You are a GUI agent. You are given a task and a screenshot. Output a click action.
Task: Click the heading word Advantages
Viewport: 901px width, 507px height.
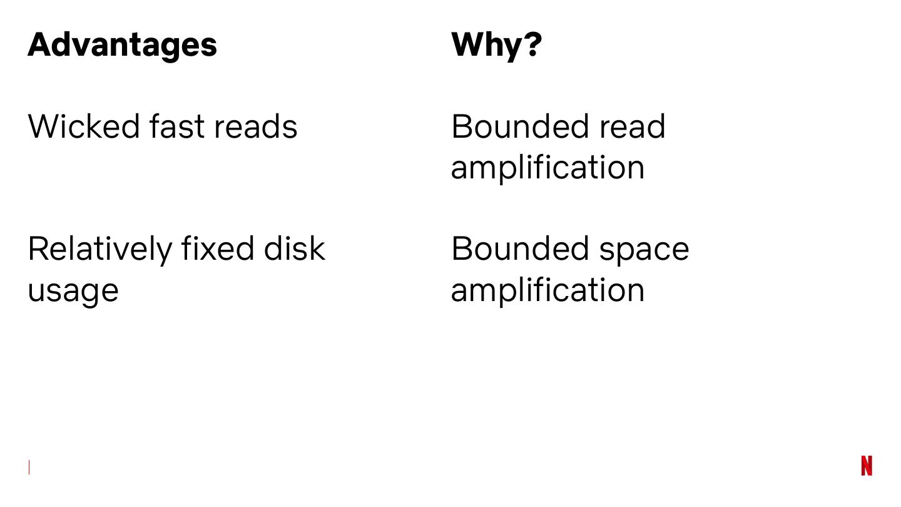pos(123,45)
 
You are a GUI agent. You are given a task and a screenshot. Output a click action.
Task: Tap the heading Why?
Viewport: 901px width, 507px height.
pos(496,45)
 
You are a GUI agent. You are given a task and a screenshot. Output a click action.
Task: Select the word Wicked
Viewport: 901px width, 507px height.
pos(84,126)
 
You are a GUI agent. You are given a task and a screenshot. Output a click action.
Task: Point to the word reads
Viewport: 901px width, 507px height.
pos(255,126)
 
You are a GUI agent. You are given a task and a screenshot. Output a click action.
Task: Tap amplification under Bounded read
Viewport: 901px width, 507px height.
pos(547,168)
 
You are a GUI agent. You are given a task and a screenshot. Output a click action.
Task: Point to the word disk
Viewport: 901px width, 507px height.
pos(294,248)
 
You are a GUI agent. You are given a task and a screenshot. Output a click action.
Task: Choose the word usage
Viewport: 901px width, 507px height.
pos(73,290)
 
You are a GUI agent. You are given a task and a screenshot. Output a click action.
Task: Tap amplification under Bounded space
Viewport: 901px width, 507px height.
pos(547,290)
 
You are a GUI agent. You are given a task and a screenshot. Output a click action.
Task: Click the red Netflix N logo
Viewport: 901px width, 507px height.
pos(867,466)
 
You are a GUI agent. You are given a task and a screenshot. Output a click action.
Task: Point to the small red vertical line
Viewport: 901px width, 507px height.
pos(29,467)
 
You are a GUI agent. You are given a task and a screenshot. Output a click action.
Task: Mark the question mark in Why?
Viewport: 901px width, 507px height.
pos(532,45)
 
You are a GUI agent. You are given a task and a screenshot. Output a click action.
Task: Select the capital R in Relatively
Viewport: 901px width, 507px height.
pos(38,248)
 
